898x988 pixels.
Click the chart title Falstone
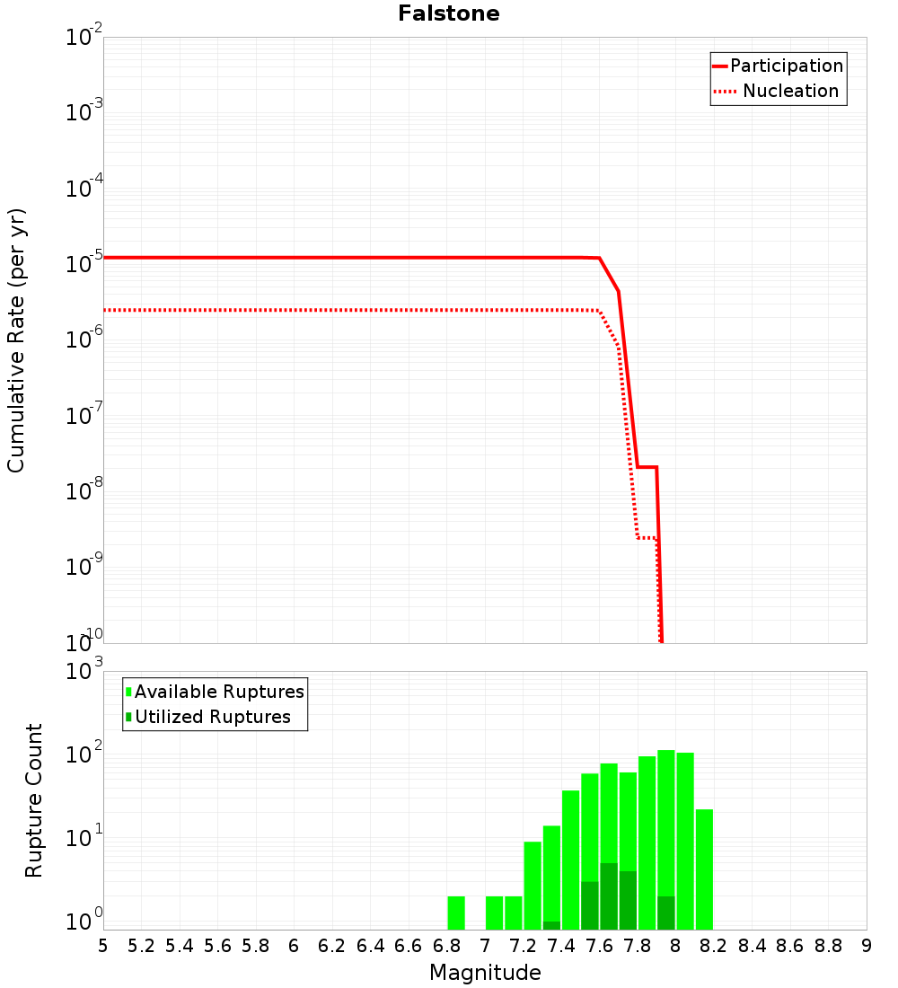click(449, 13)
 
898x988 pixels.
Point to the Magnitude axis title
click(485, 973)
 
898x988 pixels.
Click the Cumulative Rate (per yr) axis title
click(16, 340)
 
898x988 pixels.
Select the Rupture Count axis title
click(34, 800)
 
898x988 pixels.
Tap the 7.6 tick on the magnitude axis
click(599, 946)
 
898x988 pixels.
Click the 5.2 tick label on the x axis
click(141, 946)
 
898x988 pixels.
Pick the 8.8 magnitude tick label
click(828, 946)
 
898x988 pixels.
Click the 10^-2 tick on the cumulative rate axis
click(84, 39)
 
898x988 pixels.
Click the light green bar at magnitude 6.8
click(456, 913)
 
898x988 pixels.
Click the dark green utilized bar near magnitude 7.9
click(665, 913)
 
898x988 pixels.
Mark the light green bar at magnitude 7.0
click(494, 913)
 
